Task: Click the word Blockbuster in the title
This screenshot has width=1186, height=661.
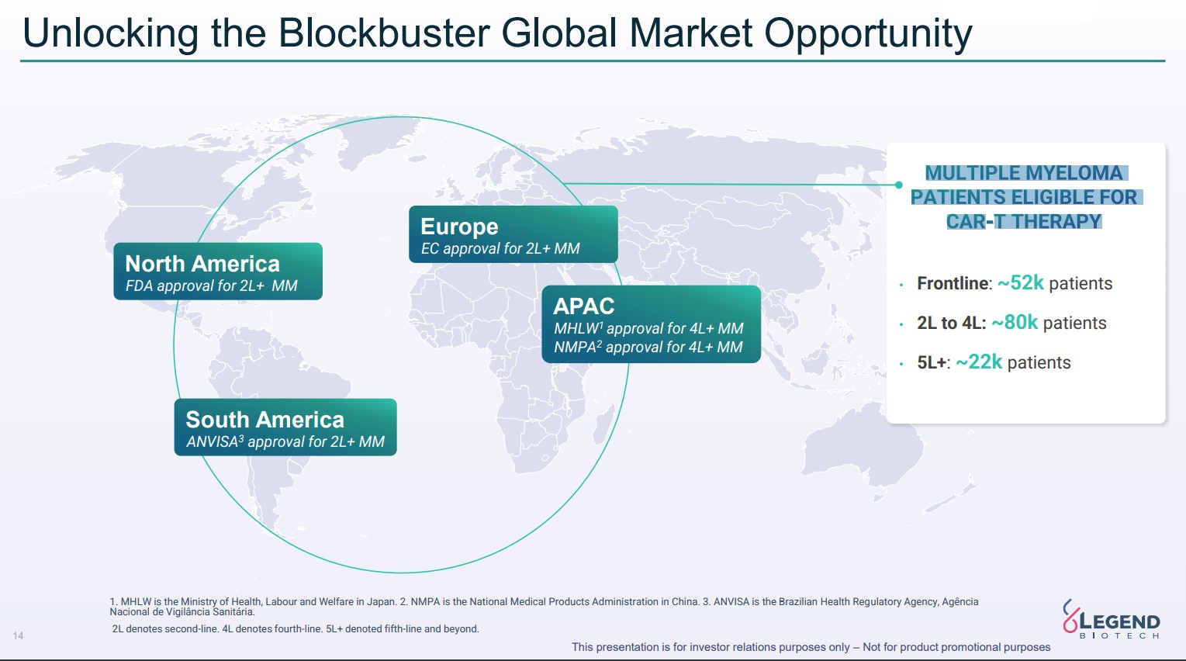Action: point(384,33)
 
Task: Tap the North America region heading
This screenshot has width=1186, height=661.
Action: point(202,264)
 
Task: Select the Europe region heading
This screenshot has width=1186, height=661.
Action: point(459,227)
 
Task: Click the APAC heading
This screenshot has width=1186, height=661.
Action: point(583,306)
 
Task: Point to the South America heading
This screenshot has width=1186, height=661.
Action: point(265,420)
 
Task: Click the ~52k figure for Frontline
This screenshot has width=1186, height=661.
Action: point(1020,283)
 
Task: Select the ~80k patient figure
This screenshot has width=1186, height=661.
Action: point(1015,322)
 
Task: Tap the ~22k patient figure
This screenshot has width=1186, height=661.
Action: point(979,362)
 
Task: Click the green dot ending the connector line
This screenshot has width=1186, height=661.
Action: point(898,185)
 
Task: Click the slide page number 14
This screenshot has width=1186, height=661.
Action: point(18,635)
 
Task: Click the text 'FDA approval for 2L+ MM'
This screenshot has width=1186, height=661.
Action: point(211,286)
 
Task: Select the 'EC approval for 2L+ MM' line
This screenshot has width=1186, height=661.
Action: point(500,248)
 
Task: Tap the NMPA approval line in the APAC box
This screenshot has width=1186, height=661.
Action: point(648,347)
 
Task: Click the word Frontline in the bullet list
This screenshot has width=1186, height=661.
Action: point(953,283)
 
